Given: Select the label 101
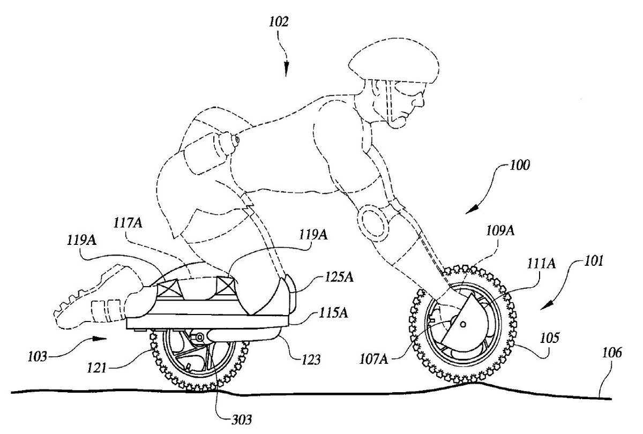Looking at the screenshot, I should click(591, 263).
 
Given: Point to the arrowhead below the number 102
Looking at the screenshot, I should click(287, 71).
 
